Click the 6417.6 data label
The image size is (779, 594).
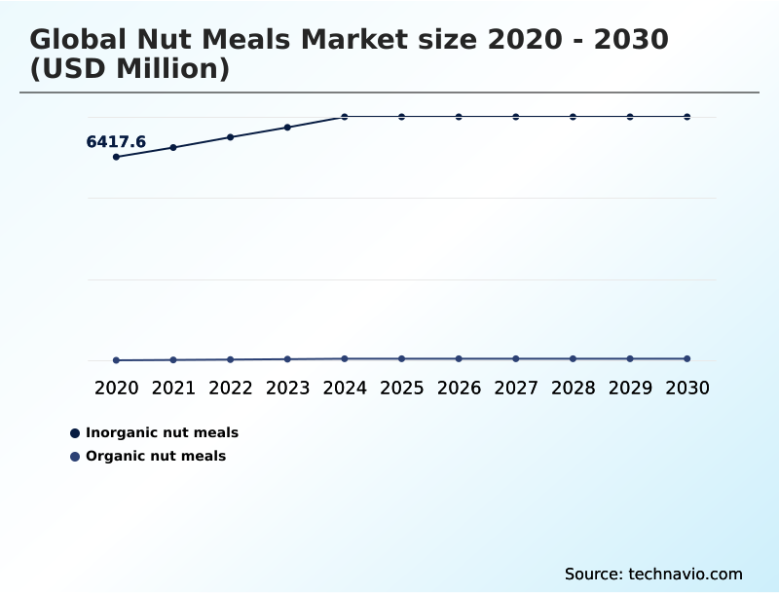pos(116,142)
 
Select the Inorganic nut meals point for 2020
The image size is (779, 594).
pos(116,157)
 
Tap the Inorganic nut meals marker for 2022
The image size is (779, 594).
pos(231,137)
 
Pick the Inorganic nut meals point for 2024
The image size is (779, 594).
pos(345,117)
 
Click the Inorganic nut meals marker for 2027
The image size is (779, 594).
pos(516,117)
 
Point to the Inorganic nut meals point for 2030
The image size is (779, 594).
pos(687,117)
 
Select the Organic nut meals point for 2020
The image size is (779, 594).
pos(116,360)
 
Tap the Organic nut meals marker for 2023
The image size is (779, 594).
pos(287,359)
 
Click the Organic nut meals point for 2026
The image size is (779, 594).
pos(459,359)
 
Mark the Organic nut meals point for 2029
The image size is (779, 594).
pos(630,359)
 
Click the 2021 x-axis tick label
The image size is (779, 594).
pos(173,388)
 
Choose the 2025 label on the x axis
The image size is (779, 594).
pos(401,388)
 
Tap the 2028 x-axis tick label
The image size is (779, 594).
pos(573,388)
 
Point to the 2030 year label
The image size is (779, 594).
pos(687,388)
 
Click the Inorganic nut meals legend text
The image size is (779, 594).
pos(162,432)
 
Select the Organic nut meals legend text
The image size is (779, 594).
pos(156,456)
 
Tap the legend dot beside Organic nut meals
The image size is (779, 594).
pos(75,457)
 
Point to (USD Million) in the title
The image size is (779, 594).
pos(130,69)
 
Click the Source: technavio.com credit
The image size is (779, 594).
pos(653,574)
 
